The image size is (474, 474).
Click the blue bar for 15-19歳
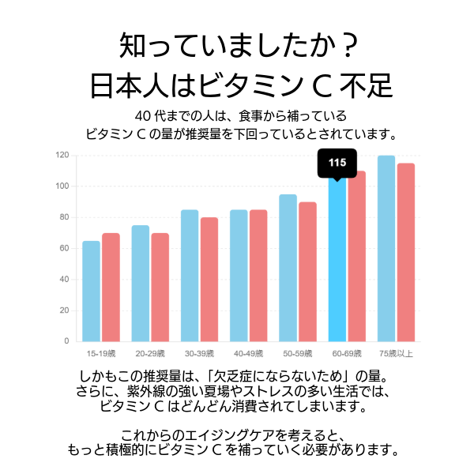(x=92, y=291)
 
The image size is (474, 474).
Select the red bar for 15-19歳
(x=111, y=287)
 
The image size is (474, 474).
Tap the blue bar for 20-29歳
(x=141, y=283)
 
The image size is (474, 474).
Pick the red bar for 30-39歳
(x=209, y=279)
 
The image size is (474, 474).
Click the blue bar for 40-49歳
(x=239, y=275)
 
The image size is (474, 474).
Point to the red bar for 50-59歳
(x=307, y=271)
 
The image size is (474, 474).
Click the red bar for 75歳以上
(x=406, y=252)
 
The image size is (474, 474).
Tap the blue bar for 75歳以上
(x=386, y=248)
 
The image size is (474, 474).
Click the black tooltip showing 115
(x=337, y=163)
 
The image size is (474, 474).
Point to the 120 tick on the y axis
(x=62, y=155)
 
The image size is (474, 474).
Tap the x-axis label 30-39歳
(x=199, y=352)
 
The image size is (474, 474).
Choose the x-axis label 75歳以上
(x=396, y=352)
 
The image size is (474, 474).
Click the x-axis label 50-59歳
(x=298, y=352)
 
